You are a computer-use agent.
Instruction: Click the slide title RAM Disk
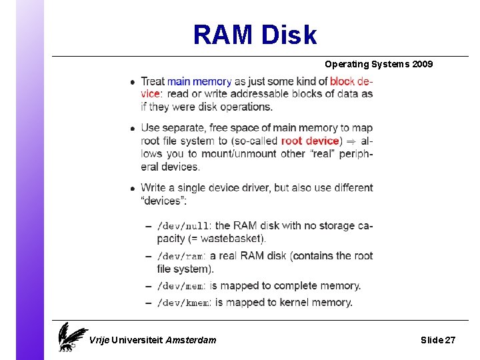(x=255, y=35)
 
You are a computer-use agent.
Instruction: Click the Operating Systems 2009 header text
(x=378, y=65)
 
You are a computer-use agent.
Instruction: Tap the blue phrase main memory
(x=199, y=81)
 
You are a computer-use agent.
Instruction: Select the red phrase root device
(x=310, y=141)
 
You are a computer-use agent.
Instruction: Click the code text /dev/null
(x=183, y=226)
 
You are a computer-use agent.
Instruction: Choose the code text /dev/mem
(x=181, y=286)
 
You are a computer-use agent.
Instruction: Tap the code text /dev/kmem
(x=183, y=303)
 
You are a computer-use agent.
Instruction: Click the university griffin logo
(x=71, y=337)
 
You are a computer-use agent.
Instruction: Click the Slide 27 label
(x=438, y=340)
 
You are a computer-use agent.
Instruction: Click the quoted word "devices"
(x=164, y=201)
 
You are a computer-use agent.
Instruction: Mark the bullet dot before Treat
(x=133, y=82)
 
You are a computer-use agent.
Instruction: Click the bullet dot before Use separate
(x=133, y=128)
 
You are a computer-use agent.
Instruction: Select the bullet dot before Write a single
(x=133, y=188)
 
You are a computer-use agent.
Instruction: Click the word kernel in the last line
(x=285, y=303)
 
